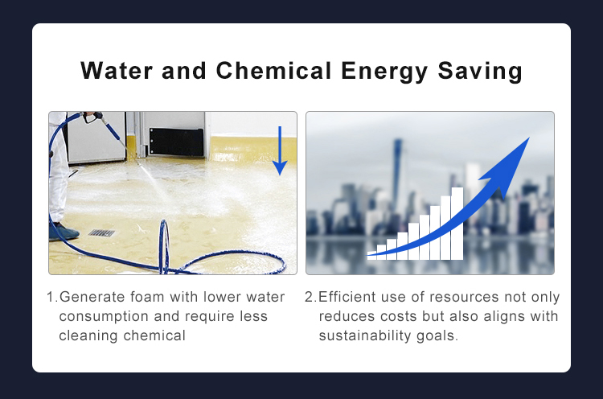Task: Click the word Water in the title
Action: (117, 71)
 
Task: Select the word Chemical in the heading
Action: (273, 71)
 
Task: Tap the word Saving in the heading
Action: (480, 72)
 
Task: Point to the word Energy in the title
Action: (384, 72)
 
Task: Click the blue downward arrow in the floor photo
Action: (280, 150)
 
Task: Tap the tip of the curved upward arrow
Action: (530, 138)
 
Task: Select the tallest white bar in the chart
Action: (457, 224)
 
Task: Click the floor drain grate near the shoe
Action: (101, 232)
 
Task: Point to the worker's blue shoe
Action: (64, 231)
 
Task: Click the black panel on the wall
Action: (176, 142)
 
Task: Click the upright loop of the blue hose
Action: (164, 246)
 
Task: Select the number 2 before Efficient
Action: (309, 298)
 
